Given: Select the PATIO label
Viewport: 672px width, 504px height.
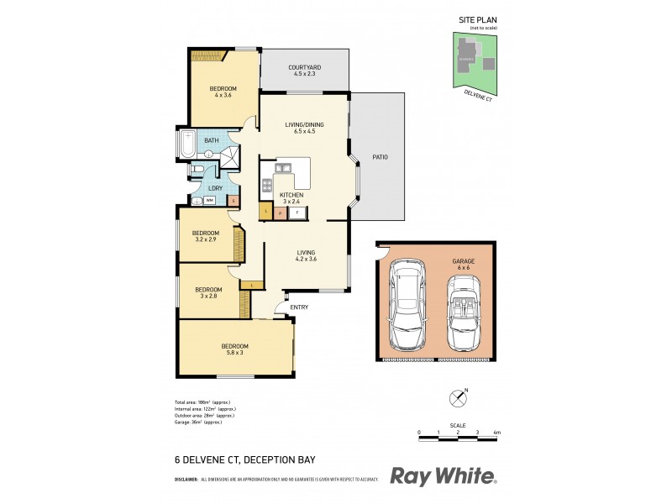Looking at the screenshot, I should pyautogui.click(x=379, y=157).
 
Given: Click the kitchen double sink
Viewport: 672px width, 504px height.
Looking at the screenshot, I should pyautogui.click(x=284, y=168).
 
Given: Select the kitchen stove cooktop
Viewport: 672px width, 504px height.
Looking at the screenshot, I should pyautogui.click(x=268, y=187).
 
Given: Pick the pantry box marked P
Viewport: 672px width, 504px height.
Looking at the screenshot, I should pyautogui.click(x=281, y=213).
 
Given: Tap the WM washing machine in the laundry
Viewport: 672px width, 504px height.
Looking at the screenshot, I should pyautogui.click(x=209, y=201).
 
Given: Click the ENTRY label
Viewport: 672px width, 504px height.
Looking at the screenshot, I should pyautogui.click(x=299, y=307).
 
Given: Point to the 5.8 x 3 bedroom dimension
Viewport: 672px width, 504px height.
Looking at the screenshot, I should pyautogui.click(x=234, y=352).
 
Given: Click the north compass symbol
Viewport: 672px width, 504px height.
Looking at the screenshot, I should pyautogui.click(x=458, y=396).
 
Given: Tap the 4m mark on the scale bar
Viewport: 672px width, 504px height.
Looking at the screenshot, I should pyautogui.click(x=497, y=432).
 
